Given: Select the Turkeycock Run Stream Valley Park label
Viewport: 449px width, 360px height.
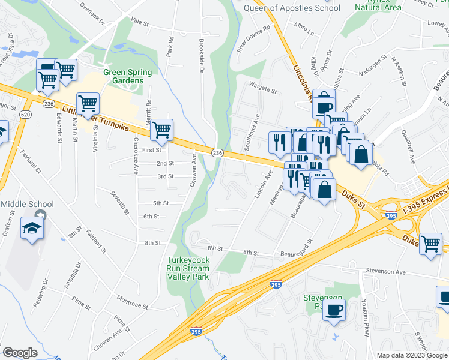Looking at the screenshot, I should pos(188,264).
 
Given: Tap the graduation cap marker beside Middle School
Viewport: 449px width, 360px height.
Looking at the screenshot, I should pos(31,227).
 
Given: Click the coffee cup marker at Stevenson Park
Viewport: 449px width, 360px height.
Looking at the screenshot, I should pos(334,310).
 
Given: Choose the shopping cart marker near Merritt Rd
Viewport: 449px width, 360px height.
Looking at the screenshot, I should pos(161,129).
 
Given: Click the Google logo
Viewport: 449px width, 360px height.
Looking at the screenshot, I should pos(20,353).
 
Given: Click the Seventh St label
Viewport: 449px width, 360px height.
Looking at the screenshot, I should pos(119,203).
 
